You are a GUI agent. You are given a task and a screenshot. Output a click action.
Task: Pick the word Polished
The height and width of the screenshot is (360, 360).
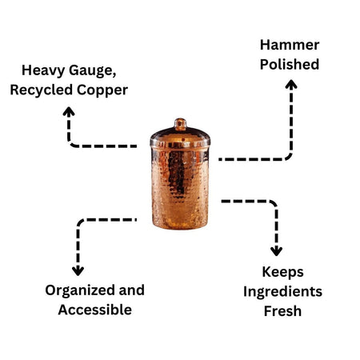(x=289, y=64)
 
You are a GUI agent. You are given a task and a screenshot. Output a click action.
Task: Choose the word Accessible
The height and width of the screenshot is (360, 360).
(x=94, y=310)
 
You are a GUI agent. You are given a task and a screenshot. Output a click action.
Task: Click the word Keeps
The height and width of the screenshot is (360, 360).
(x=282, y=271)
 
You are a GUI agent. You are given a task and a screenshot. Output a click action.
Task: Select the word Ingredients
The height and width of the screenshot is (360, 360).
(x=282, y=291)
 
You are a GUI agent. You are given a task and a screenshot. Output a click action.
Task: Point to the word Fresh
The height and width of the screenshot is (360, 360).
(x=282, y=310)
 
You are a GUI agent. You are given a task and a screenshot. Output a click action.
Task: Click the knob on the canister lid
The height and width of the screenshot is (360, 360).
(x=180, y=124)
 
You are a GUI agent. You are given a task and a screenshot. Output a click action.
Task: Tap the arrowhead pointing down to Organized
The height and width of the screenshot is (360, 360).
(x=78, y=270)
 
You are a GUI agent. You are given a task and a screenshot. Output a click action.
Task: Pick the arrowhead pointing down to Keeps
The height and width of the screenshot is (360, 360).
(x=276, y=250)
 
